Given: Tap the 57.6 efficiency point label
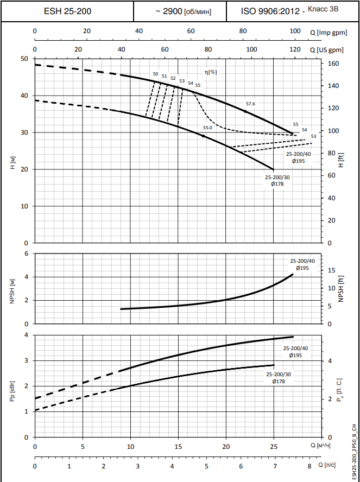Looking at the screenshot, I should [x=250, y=104].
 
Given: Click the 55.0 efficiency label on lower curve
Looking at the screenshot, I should [x=207, y=128].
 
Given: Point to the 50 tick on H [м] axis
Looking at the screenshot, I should [x=24, y=59].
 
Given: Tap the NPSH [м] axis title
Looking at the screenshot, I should [x=12, y=290].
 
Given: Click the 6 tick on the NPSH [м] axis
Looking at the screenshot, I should [x=26, y=253].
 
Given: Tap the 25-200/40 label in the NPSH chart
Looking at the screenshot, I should [x=302, y=261].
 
